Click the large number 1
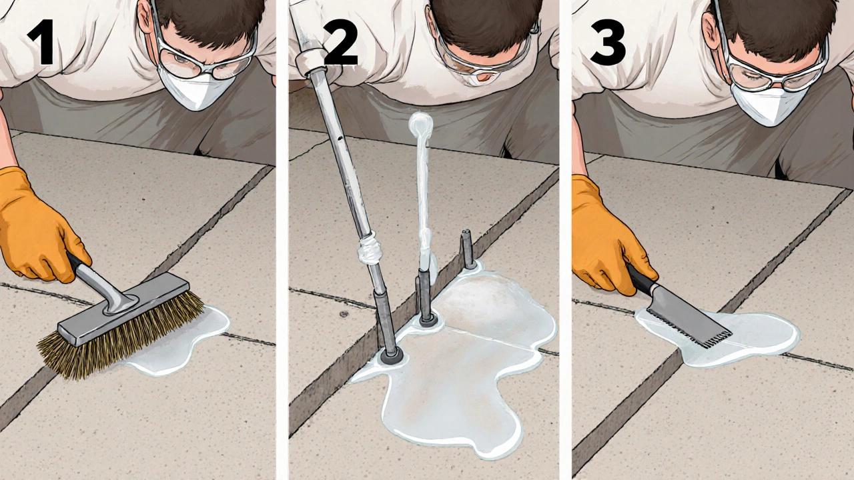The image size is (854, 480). coord(41,42)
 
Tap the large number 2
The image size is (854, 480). coord(340,42)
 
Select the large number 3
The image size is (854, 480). coord(608,42)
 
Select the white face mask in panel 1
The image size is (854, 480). coord(194,89)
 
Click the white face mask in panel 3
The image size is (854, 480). coord(767,105)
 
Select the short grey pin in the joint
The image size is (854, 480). coord(468,249)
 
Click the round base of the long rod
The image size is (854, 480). coord(391,357)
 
